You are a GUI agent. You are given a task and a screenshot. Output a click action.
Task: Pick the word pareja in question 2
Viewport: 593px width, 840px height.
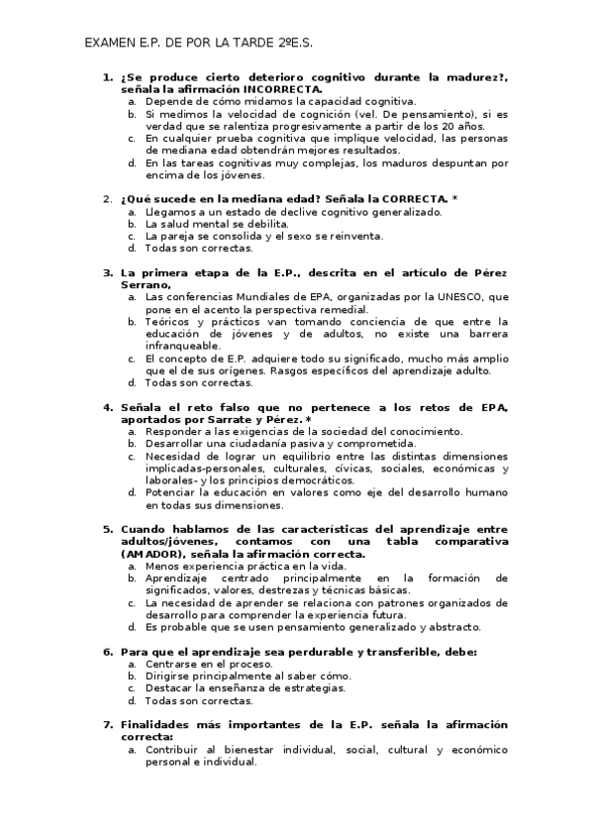(x=182, y=236)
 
